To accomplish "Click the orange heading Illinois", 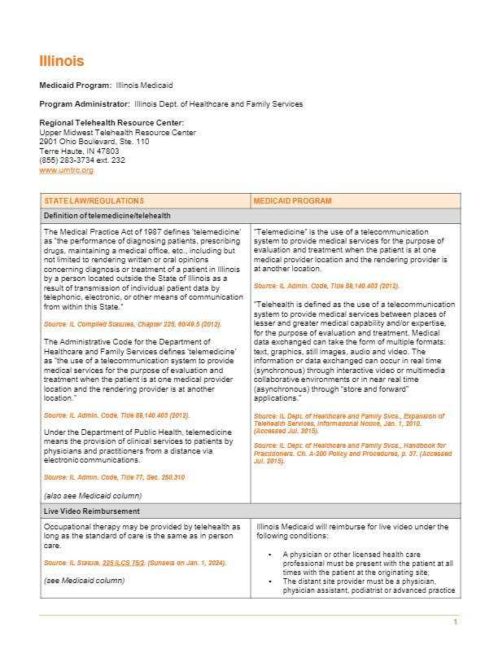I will coord(61,62).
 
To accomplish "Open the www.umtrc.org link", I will coord(66,170).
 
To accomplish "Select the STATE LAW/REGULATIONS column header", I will coord(94,200).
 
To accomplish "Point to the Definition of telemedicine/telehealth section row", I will coord(107,216).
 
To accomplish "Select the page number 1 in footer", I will coord(456,623).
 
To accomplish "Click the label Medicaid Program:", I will coord(76,86).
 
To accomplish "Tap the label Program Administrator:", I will coord(85,104).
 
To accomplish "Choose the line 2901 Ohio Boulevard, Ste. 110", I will coord(94,142).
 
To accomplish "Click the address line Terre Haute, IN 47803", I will coord(79,151).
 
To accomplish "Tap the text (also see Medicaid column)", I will coord(92,495).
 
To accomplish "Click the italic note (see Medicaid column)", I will coord(84,580).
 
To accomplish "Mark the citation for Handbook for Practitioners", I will coord(349,450).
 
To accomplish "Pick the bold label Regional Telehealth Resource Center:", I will coord(106,123).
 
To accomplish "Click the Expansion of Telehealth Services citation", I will coord(349,421).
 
